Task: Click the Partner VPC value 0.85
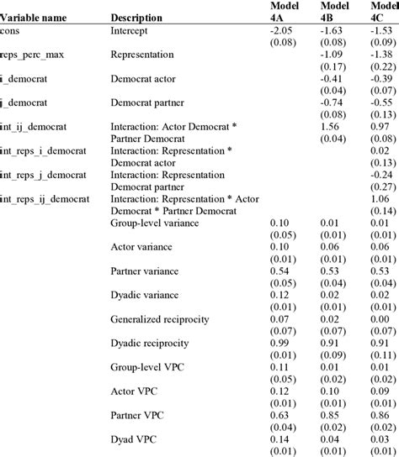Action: point(329,416)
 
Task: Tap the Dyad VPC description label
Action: point(134,439)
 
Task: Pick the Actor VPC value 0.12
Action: point(280,391)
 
